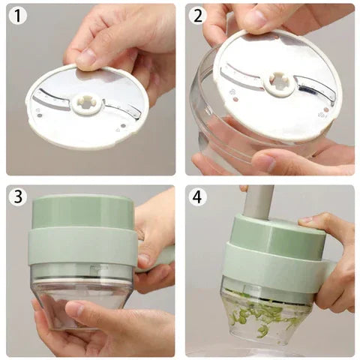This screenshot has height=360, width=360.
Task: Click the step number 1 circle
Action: [x=18, y=16]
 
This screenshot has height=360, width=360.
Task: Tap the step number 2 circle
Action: [x=197, y=16]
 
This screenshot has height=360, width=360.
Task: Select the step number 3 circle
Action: [x=18, y=196]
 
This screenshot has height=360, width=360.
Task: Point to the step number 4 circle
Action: [x=197, y=196]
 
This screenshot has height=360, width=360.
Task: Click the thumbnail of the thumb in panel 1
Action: [x=86, y=57]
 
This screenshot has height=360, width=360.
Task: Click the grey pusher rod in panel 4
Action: [x=259, y=202]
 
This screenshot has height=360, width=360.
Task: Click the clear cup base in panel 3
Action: [x=82, y=302]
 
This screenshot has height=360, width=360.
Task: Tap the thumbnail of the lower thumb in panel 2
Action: [x=265, y=163]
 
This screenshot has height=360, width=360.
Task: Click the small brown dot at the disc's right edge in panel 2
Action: [x=325, y=109]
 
